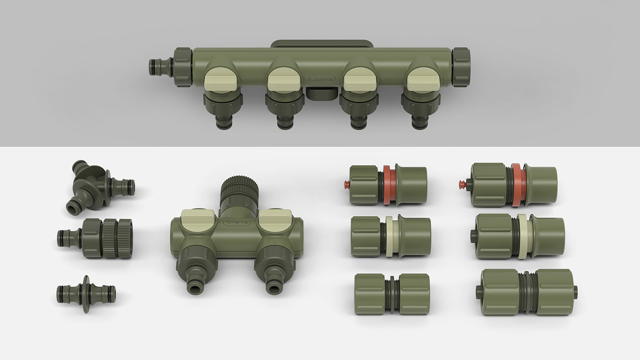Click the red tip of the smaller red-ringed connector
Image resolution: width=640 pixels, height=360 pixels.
tap(346, 185)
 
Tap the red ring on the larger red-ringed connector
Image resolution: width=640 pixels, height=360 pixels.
tap(517, 185)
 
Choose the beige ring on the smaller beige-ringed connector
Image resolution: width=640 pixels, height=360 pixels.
tap(389, 236)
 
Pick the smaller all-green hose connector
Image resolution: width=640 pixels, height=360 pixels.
tap(392, 294)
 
